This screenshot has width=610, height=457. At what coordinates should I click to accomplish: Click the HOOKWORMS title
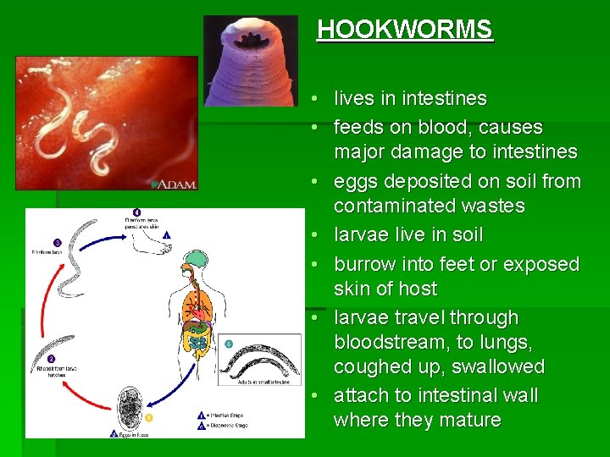pyautogui.click(x=404, y=30)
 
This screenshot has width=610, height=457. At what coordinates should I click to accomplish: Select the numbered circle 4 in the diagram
pyautogui.click(x=136, y=212)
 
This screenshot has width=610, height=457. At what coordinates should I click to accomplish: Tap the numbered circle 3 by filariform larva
pyautogui.click(x=58, y=242)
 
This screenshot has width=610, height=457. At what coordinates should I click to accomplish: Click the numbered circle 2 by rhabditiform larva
pyautogui.click(x=51, y=359)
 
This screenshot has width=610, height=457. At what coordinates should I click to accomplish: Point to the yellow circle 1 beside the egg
pyautogui.click(x=149, y=417)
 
